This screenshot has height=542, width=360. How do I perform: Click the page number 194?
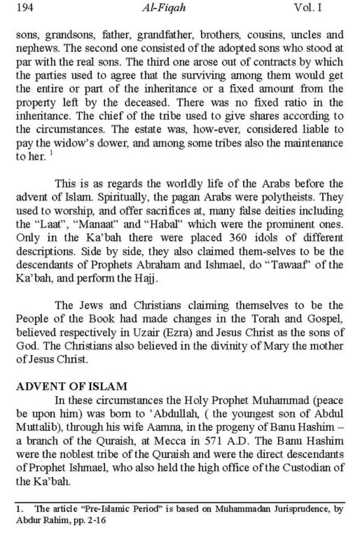coord(25,8)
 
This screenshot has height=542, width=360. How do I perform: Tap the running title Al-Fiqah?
coord(164,8)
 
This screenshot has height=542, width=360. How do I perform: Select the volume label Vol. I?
coord(308,8)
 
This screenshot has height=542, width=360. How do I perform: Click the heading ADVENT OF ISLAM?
coord(72,386)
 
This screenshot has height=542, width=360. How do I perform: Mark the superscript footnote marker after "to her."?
coord(51,154)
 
